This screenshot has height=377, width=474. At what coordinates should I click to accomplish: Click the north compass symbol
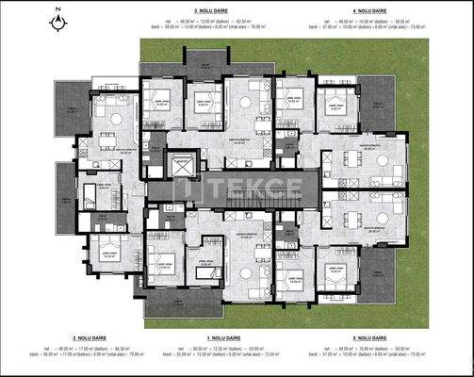click(x=58, y=19)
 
